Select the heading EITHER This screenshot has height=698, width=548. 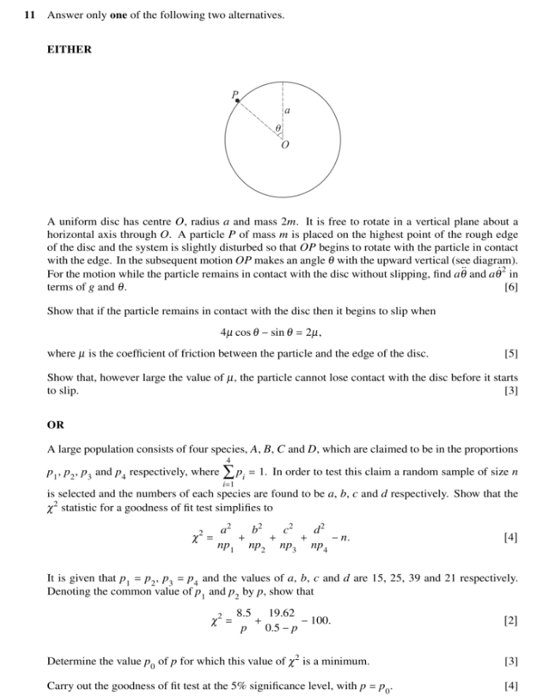(x=69, y=50)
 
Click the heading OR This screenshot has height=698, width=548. (x=56, y=423)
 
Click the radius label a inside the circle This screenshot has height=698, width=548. (x=287, y=111)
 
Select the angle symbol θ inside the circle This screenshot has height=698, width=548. (x=278, y=129)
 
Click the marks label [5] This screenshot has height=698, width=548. (x=511, y=354)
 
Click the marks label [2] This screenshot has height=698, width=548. (x=511, y=621)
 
